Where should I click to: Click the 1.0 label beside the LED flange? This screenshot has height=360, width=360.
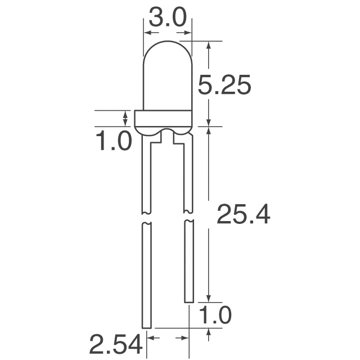tap(112, 140)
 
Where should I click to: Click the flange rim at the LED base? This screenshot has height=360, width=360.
tap(164, 118)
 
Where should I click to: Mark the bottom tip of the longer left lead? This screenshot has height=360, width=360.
tap(146, 327)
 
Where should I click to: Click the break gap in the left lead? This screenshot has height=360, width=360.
tap(146, 218)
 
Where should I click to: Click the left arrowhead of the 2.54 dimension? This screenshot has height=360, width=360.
tap(151, 338)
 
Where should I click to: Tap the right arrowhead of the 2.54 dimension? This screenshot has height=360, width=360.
tap(183, 338)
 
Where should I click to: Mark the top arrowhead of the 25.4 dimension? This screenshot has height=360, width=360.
tap(209, 131)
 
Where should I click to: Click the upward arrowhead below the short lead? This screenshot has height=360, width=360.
tap(209, 333)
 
